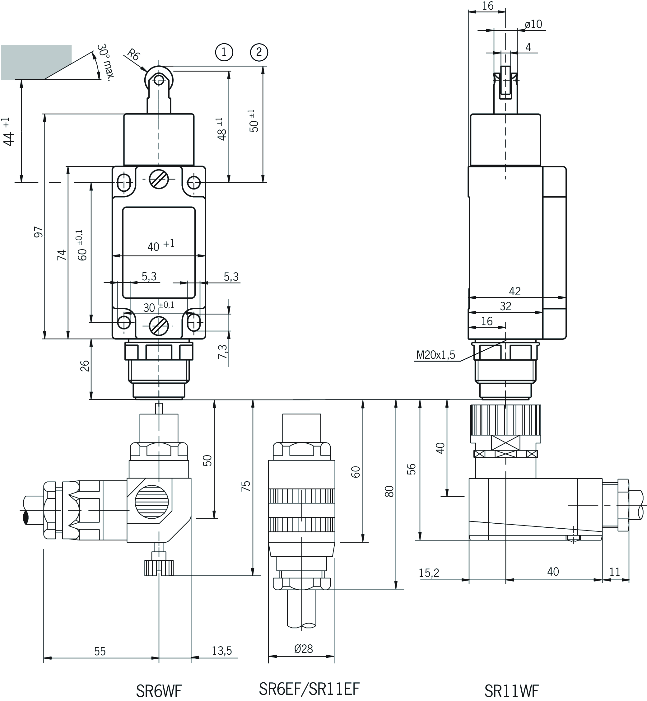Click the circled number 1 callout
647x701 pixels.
pos(224,52)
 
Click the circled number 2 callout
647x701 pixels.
pos(259,52)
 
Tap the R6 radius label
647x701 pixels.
pos(133,55)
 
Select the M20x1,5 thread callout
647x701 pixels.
pos(435,355)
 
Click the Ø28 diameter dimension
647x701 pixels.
pos(303,649)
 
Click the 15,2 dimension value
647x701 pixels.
pos(429,573)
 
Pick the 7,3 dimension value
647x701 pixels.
pos(223,352)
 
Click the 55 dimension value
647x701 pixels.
pos(100,651)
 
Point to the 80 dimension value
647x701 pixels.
pos(389,491)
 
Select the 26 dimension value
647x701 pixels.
pos(85,366)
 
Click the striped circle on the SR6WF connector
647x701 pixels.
pos(151,502)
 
